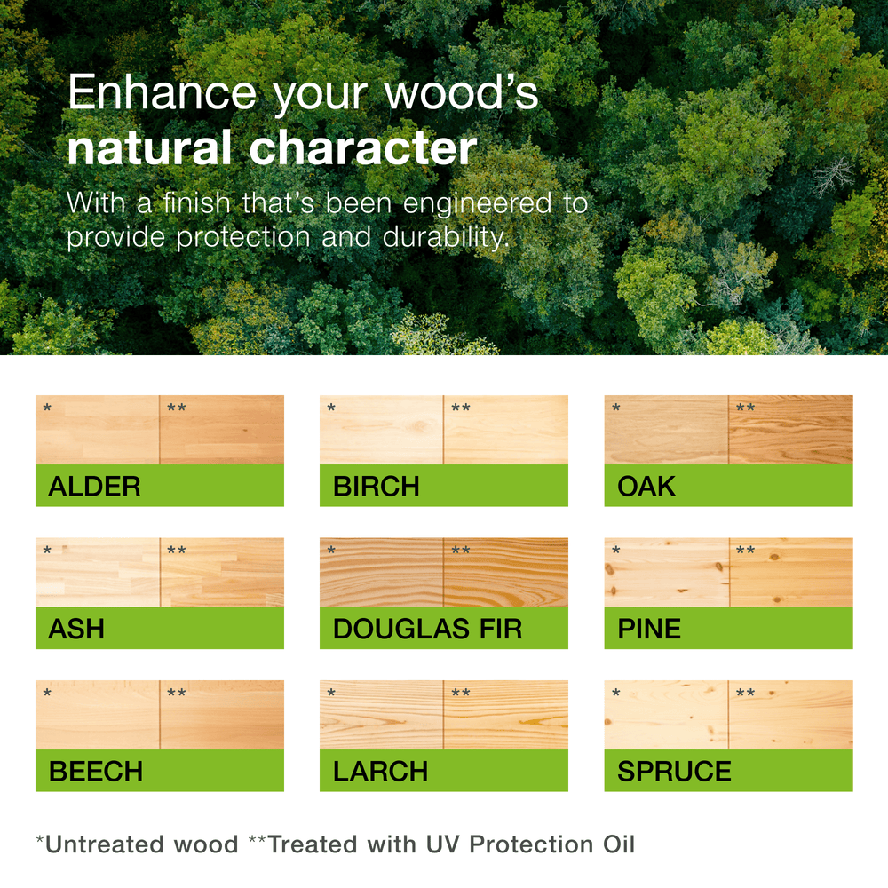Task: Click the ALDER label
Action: click(95, 487)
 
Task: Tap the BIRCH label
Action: click(376, 487)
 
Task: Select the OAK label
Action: click(646, 487)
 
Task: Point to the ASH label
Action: click(76, 629)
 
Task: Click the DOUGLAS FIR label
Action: click(428, 629)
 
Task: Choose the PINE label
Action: click(649, 629)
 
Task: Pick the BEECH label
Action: click(96, 772)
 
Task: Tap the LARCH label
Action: click(380, 772)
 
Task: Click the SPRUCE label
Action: click(674, 772)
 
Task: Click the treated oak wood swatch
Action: click(790, 430)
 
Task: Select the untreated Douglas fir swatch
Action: click(381, 572)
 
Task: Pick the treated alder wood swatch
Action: click(222, 430)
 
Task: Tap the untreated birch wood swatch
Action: click(381, 430)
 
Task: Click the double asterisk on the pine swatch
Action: click(745, 550)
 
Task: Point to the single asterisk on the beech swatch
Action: click(47, 693)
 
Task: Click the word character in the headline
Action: click(363, 147)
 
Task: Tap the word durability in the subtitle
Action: click(447, 237)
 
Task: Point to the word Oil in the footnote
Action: click(619, 844)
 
